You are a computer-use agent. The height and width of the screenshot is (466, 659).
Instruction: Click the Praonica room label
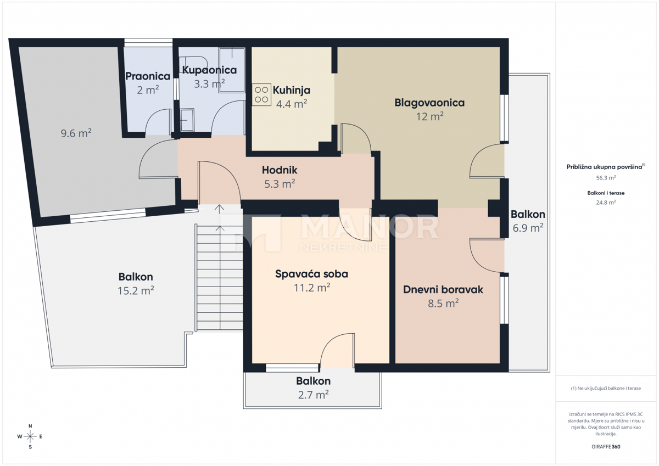148,76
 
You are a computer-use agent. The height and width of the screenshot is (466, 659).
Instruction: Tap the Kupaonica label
209,70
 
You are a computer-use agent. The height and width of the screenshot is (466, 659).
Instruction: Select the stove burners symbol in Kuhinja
261,94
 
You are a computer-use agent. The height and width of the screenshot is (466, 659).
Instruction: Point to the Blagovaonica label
429,103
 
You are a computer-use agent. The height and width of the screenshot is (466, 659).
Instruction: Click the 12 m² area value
429,116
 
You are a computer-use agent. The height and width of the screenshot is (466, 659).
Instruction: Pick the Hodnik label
280,170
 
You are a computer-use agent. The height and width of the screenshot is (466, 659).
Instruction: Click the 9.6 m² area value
76,133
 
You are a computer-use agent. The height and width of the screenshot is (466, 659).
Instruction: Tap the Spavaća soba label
311,274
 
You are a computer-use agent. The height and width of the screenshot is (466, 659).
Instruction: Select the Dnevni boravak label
443,290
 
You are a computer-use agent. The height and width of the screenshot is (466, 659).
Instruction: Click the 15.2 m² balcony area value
136,291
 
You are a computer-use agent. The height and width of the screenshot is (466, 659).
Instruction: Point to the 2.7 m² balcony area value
314,395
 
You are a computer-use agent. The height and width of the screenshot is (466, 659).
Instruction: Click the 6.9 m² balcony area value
528,228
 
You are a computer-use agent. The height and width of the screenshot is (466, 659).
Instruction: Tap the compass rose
30,436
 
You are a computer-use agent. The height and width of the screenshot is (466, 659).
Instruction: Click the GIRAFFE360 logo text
606,447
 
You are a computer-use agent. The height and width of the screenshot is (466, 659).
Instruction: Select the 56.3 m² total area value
606,178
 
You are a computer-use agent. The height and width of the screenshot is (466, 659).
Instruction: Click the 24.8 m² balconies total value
606,203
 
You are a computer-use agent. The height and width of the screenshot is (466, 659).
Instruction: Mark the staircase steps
220,277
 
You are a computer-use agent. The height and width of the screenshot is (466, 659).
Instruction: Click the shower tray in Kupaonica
232,70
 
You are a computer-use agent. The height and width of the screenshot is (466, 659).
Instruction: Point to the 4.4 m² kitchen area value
291,104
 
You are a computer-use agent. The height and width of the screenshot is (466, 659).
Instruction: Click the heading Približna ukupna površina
604,167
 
